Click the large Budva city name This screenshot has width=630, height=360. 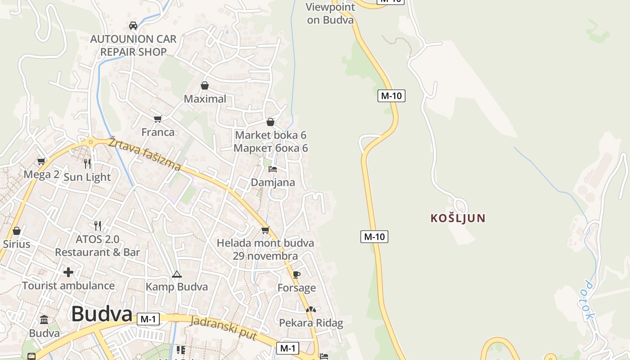coord(102,314)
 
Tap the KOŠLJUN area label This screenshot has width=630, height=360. coord(458,218)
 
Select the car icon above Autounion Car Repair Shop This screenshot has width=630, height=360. coord(133,26)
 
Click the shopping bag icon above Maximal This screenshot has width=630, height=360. coord(205,85)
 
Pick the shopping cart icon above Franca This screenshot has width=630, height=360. coord(157,119)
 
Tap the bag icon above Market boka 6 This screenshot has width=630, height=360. coord(270,122)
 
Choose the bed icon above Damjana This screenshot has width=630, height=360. coord(273,169)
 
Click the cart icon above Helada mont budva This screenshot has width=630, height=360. coord(265,230)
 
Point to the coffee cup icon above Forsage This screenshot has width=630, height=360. coord(296,274)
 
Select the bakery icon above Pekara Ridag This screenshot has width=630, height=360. coord(310,310)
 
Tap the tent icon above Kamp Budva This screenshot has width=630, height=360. coord(176,274)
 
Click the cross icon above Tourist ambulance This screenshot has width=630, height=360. coord(68,272)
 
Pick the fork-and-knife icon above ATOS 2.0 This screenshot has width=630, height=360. coord(97,225)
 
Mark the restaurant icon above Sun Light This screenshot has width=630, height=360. coord(87,163)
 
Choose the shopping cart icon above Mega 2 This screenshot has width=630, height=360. coord(41,161)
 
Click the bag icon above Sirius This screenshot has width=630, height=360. coord(17,231)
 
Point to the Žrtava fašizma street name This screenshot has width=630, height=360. coord(144,154)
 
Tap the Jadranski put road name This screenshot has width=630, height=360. coord(224,328)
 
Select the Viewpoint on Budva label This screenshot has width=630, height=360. coord(330,13)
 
